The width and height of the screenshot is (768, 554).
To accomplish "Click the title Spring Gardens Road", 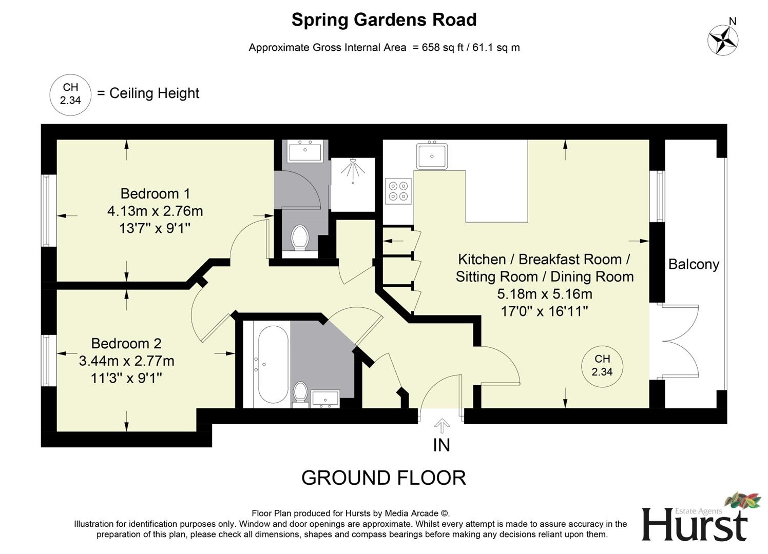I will coord(383,20).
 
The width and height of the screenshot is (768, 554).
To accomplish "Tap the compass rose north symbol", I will coord(723,39).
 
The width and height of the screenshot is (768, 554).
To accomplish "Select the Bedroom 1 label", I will coord(155,193).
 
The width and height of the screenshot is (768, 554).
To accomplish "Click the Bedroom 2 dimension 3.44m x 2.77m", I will coord(126,361).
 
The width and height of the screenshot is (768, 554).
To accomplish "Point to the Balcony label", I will coord(694,264).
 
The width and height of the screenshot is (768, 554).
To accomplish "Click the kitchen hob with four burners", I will coord(399,191).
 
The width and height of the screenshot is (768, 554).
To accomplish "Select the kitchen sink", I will coord(432,155).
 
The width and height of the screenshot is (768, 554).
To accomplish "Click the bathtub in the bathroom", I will coord(273,364).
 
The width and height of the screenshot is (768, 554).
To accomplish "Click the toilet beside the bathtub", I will coord(300,393).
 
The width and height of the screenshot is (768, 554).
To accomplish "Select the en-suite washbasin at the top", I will coord(305,152).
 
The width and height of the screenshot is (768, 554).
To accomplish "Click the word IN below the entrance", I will coord(441,445).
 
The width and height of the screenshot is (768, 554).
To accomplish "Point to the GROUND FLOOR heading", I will coord(383,478).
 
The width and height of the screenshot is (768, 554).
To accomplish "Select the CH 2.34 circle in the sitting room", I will coord(602,366).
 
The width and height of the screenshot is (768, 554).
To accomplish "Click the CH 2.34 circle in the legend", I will coord(70,94).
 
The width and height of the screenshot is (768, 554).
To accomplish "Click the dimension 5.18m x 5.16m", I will coord(544,294).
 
